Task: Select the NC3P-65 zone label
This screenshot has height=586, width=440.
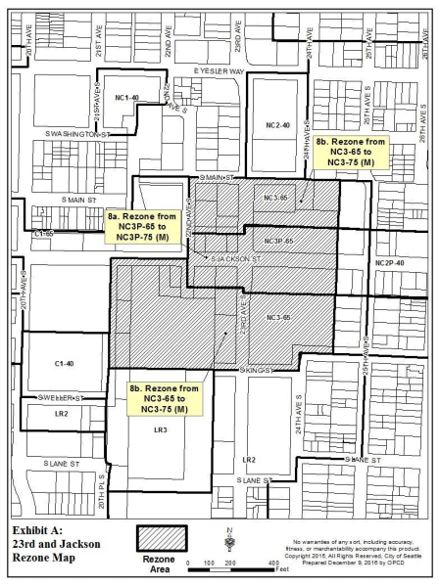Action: [x=279, y=240]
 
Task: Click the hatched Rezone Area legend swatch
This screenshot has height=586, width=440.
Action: [x=161, y=537]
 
